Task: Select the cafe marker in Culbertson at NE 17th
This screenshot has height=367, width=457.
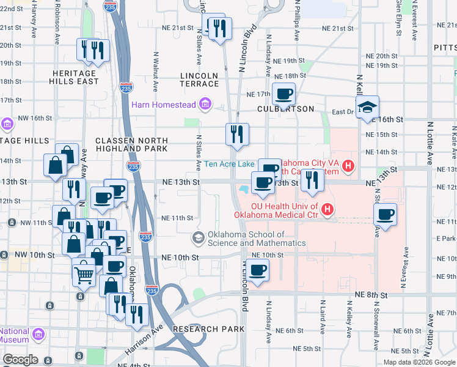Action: pyautogui.click(x=283, y=95)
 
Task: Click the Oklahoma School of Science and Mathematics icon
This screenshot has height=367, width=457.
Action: pyautogui.click(x=198, y=237)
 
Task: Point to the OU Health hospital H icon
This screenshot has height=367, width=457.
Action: pyautogui.click(x=327, y=210)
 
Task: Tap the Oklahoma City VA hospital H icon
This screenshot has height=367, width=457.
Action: pyautogui.click(x=348, y=165)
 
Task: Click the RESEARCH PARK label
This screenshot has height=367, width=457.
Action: pyautogui.click(x=208, y=329)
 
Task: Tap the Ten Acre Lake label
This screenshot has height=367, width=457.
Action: pyautogui.click(x=229, y=164)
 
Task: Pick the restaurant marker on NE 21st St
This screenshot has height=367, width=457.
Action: pyautogui.click(x=220, y=28)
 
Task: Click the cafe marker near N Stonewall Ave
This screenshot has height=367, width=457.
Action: pyautogui.click(x=385, y=215)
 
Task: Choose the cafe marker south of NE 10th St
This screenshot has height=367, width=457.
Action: pyautogui.click(x=258, y=270)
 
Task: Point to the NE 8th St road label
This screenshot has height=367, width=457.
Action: pyautogui.click(x=371, y=295)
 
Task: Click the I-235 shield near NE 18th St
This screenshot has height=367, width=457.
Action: pyautogui.click(x=126, y=88)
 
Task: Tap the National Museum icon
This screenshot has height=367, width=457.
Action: pyautogui.click(x=38, y=335)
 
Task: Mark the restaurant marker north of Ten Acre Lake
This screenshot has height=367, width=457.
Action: pyautogui.click(x=237, y=134)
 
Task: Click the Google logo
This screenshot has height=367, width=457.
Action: pyautogui.click(x=21, y=360)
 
